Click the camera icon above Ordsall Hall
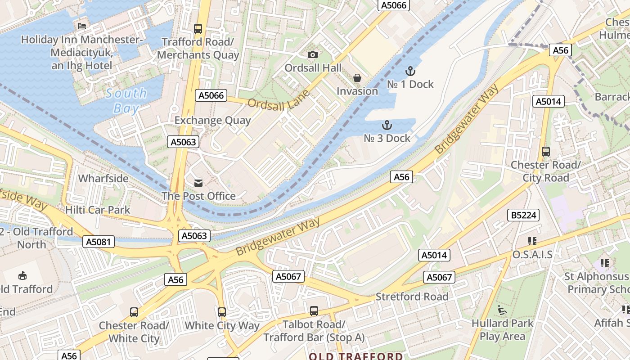[313, 55]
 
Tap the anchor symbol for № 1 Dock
[410, 71]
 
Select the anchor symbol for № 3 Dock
[387, 125]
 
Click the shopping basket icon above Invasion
[357, 78]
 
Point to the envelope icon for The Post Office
[198, 183]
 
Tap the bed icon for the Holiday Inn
[82, 26]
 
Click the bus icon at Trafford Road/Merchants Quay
[198, 29]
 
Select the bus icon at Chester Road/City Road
[546, 152]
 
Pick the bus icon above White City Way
[222, 312]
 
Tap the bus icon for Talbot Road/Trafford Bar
[314, 310]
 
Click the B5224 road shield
[524, 216]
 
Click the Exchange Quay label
[212, 120]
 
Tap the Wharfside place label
[103, 179]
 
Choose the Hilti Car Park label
[98, 210]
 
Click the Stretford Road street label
[412, 297]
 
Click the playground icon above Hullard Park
[502, 310]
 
